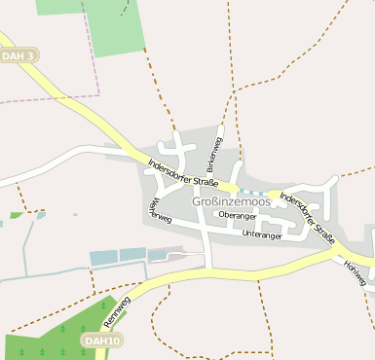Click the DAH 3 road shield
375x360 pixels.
[19, 56]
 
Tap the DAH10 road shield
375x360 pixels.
[101, 341]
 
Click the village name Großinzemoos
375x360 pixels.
[231, 201]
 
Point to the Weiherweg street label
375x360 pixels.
[159, 209]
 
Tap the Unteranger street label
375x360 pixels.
[261, 234]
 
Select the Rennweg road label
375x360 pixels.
[116, 313]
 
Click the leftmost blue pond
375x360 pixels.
[102, 258]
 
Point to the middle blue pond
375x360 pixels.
[132, 255]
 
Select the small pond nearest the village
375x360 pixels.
[157, 255]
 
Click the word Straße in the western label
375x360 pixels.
[204, 180]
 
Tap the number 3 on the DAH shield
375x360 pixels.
[31, 56]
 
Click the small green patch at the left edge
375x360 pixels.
[16, 214]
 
